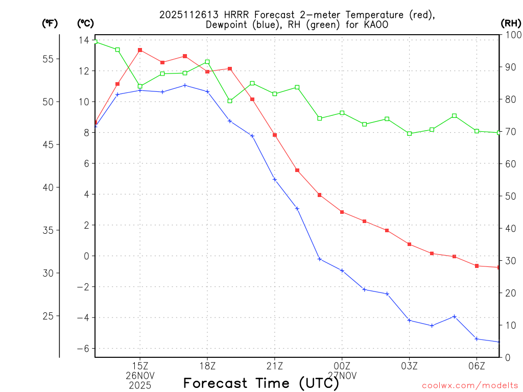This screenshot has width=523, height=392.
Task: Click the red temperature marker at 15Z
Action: pyautogui.click(x=140, y=50)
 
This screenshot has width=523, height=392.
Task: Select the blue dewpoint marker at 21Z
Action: pyautogui.click(x=275, y=180)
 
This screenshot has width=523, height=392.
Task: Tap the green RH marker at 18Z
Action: pyautogui.click(x=207, y=62)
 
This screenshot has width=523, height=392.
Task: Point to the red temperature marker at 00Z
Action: pyautogui.click(x=342, y=212)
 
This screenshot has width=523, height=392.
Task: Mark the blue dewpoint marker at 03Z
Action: pyautogui.click(x=410, y=320)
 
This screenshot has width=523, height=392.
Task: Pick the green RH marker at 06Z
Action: pyautogui.click(x=477, y=131)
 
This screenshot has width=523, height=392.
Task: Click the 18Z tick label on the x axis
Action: pyautogui.click(x=207, y=365)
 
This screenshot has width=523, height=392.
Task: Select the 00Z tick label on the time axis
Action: pyautogui.click(x=342, y=365)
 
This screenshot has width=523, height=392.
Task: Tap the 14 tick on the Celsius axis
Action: pyautogui.click(x=84, y=40)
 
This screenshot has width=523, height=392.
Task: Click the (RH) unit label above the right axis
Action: pyautogui.click(x=511, y=23)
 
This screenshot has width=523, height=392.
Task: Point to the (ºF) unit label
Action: pyautogui.click(x=50, y=23)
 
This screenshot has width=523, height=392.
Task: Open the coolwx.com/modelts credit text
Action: pyautogui.click(x=470, y=385)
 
